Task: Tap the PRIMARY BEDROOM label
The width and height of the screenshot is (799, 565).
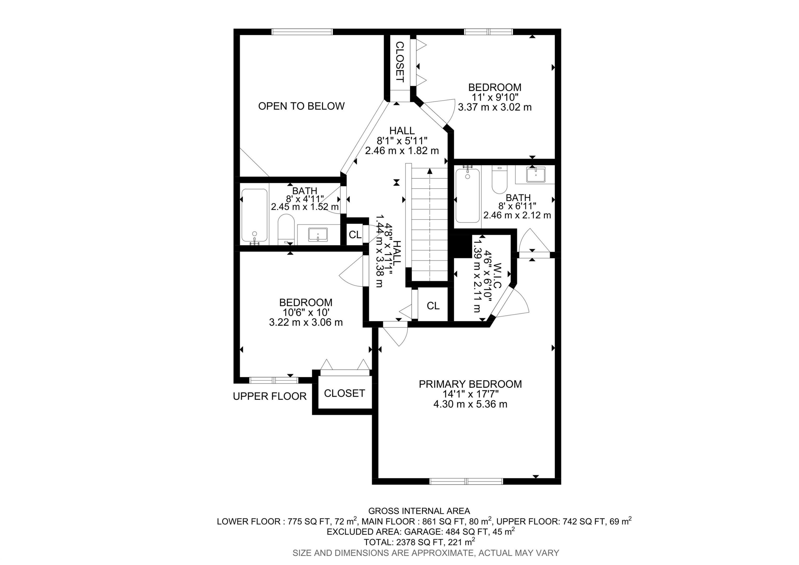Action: (x=470, y=384)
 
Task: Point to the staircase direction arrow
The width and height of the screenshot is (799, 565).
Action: (x=430, y=171)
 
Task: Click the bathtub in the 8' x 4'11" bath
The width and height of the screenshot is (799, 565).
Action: (x=254, y=215)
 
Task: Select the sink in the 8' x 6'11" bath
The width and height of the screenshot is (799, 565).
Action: (x=535, y=175)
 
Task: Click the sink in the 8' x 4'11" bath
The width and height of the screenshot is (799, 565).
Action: (x=318, y=234)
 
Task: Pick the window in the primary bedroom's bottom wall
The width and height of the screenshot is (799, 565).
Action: (x=466, y=481)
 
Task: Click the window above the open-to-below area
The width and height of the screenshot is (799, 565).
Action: (x=302, y=32)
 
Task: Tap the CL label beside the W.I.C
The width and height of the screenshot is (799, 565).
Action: (x=433, y=306)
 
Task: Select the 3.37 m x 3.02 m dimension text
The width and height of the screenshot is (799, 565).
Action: (x=495, y=107)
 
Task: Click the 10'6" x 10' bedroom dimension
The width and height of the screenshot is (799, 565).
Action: (x=305, y=312)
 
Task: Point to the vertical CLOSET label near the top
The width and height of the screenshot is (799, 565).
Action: (x=400, y=62)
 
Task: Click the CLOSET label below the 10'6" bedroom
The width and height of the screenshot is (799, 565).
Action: (x=344, y=393)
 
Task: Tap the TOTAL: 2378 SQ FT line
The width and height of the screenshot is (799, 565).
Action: (x=419, y=542)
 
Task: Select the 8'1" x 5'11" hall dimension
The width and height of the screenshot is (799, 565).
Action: (x=402, y=141)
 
